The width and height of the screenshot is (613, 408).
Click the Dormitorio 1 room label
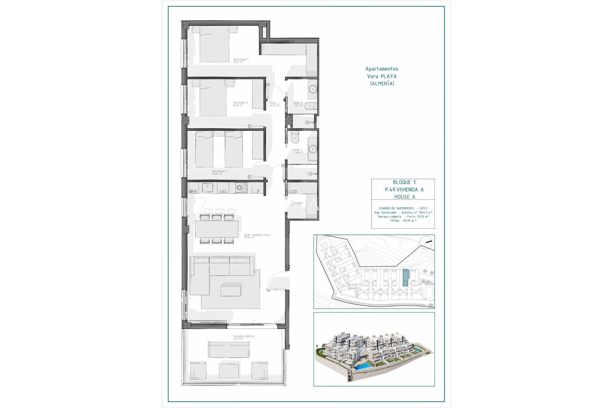(241, 60)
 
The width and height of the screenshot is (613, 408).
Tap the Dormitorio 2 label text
(240, 104)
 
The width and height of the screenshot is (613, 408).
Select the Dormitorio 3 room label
(220, 172)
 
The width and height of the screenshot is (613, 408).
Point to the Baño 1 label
(297, 150)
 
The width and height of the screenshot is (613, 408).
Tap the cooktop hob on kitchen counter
(241, 188)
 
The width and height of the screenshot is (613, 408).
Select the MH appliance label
(193, 192)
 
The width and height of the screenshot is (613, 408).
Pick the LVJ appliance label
(223, 192)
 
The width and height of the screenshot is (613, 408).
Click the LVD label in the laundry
(292, 192)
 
